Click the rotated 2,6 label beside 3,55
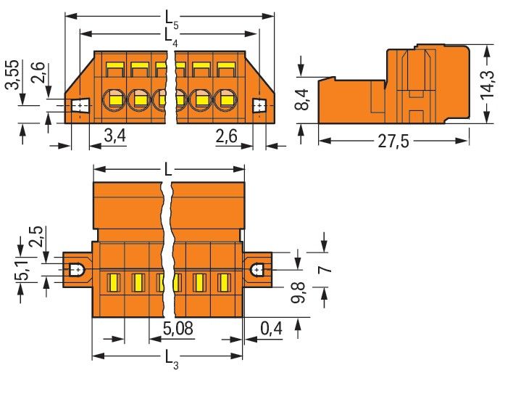click(x=38, y=75)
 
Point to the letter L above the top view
click(x=168, y=170)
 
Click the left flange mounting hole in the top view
click(x=75, y=270)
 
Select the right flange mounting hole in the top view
click(x=257, y=270)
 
